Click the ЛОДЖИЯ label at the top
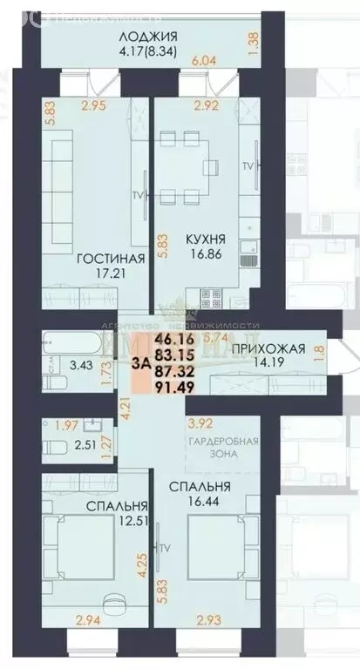click(x=150, y=36)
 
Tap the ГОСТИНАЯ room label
click(x=110, y=259)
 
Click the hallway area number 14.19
click(x=269, y=368)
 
